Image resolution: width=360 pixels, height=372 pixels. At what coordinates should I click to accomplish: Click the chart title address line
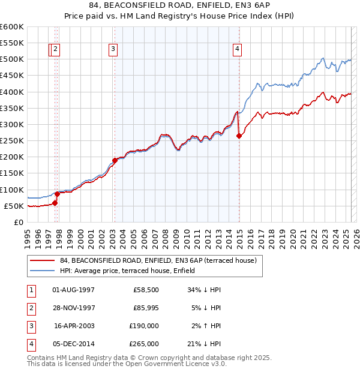(x=179, y=7)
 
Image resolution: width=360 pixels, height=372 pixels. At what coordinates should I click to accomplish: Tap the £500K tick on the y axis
(x=11, y=59)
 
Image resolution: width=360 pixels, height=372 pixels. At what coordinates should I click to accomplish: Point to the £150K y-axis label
(x=11, y=173)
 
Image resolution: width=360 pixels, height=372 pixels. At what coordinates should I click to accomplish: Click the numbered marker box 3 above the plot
(x=113, y=50)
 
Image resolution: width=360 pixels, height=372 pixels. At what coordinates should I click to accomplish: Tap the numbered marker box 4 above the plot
(x=238, y=50)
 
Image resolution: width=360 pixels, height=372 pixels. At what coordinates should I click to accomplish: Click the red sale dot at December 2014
(x=239, y=136)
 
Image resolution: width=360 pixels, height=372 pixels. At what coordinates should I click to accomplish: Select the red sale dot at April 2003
(x=115, y=160)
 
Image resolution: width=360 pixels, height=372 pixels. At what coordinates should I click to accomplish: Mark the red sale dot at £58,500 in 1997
(x=55, y=203)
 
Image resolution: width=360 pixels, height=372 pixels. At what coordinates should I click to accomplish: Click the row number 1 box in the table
(x=31, y=289)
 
